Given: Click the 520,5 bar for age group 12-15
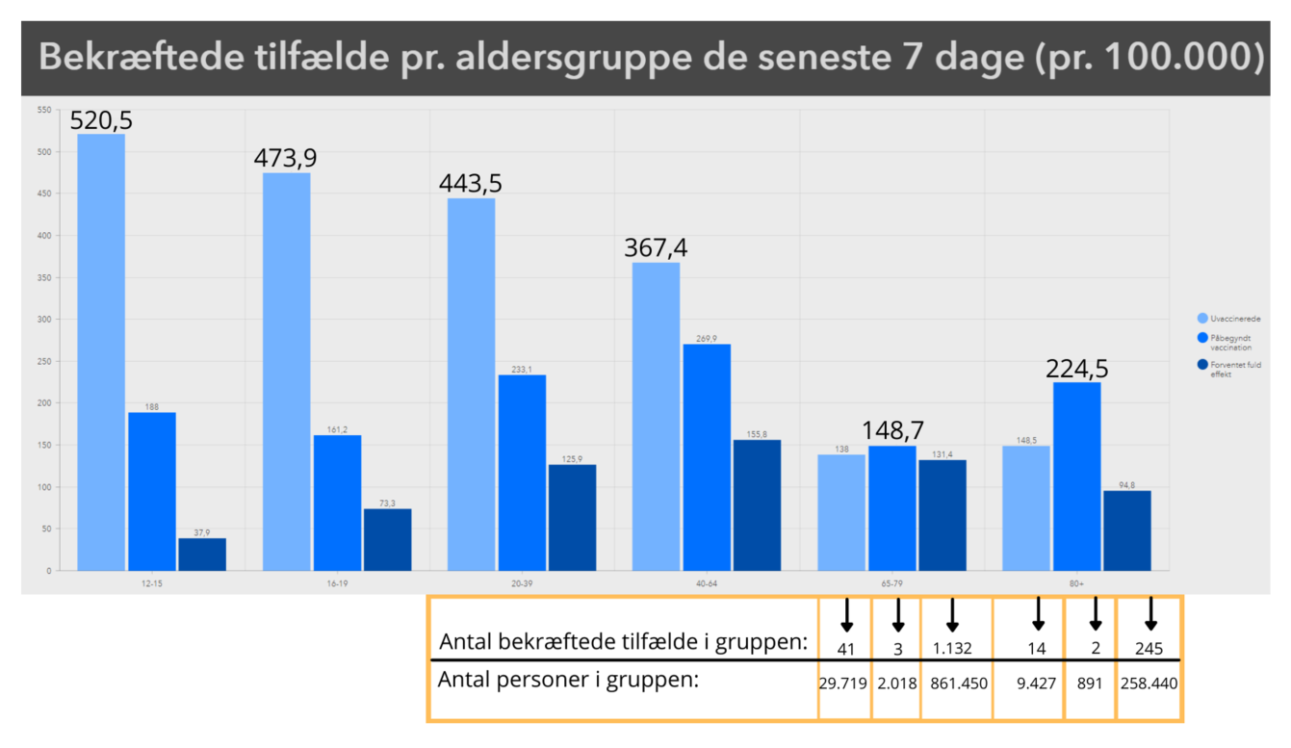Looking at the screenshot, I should [101, 351].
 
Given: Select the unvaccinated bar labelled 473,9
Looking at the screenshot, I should [286, 371].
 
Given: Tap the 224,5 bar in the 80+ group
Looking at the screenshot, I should [1075, 476].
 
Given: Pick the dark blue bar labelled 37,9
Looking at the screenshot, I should [202, 554].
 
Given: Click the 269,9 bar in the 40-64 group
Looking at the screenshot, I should [706, 456].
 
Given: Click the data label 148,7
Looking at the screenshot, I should [891, 429].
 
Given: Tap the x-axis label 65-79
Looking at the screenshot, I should [891, 583].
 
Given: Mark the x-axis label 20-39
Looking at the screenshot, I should [521, 583].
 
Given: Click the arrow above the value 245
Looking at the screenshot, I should [1149, 614].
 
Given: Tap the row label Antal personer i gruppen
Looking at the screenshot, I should [567, 680].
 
